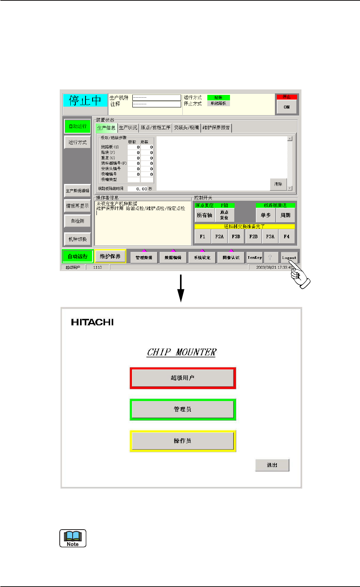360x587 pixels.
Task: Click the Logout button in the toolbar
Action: (289, 257)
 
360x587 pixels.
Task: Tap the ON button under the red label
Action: (287, 107)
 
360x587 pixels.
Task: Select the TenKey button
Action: (255, 257)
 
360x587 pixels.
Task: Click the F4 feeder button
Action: (287, 236)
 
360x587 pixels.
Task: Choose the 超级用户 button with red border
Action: (183, 378)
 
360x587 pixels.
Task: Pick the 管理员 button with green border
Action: (183, 409)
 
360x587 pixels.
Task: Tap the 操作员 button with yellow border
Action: (183, 441)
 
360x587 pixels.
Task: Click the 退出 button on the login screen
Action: (272, 465)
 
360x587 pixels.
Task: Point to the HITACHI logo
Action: (93, 323)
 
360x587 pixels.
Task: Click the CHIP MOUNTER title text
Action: (182, 352)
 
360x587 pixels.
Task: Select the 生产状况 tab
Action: (128, 128)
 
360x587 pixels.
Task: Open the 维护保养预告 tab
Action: (216, 128)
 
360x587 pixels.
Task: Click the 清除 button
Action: (278, 184)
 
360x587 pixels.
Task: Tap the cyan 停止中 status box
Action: (85, 101)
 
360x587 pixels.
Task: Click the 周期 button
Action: (285, 215)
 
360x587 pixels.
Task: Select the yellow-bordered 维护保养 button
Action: (110, 256)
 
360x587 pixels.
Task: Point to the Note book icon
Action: (73, 538)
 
